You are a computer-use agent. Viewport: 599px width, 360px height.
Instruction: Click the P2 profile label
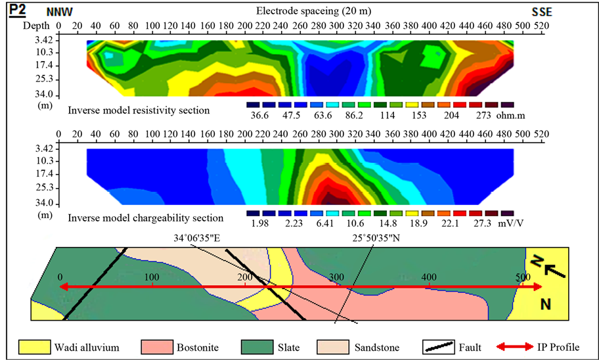click(x=18, y=11)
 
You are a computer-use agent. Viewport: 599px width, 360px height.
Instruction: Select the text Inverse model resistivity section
click(x=139, y=110)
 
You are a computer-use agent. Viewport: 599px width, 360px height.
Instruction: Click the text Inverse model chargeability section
click(x=145, y=218)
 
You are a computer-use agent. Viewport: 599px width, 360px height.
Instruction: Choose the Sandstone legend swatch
click(x=330, y=346)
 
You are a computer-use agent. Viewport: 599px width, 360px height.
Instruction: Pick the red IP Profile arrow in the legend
click(x=515, y=346)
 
